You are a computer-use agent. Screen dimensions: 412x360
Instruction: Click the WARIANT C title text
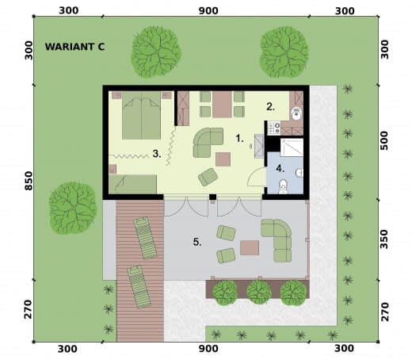(74, 47)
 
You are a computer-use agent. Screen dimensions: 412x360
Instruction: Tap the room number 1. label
(239, 138)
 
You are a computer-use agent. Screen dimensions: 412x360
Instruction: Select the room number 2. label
(270, 106)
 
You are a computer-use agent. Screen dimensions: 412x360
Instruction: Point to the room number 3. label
(157, 154)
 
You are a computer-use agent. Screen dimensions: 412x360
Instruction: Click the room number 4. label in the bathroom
(280, 168)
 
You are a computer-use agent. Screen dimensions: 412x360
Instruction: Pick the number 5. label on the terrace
(197, 242)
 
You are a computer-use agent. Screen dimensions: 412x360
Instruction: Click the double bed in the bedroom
(141, 115)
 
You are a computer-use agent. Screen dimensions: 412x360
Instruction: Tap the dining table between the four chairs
(222, 105)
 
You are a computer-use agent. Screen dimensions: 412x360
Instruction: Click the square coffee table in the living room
(223, 159)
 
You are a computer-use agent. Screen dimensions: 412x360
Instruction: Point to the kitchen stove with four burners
(274, 128)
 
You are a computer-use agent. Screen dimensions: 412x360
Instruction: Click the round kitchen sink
(297, 113)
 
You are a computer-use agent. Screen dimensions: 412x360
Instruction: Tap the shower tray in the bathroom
(292, 147)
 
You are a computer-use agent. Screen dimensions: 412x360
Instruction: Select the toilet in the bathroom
(283, 186)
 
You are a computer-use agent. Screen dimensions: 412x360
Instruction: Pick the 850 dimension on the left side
(29, 181)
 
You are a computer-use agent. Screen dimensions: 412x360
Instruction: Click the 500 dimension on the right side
(384, 140)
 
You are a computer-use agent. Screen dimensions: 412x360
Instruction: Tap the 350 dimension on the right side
(384, 239)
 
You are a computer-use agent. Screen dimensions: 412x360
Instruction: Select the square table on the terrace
(250, 247)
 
